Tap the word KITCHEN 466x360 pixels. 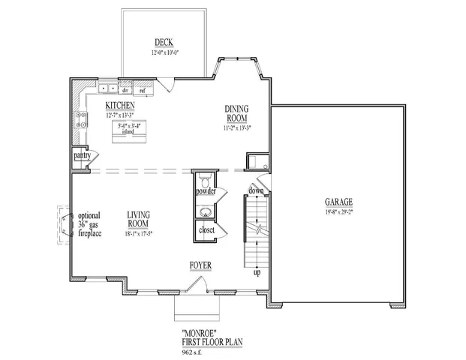[x=120, y=106]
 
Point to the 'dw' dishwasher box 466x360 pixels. [x=125, y=90]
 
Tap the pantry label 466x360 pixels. [x=82, y=155]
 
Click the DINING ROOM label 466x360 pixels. [x=236, y=113]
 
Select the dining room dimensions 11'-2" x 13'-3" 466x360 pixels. [x=236, y=128]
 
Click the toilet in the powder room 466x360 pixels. [x=205, y=179]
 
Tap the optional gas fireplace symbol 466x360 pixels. [x=60, y=223]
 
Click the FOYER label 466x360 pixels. [x=200, y=265]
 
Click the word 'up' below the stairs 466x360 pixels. [x=257, y=271]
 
